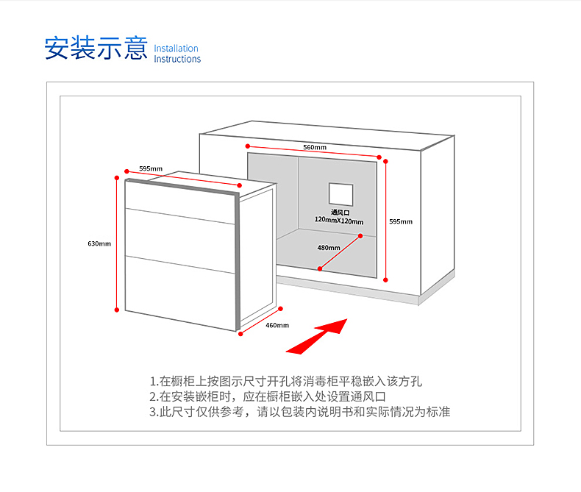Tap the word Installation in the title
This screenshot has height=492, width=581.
tap(177, 49)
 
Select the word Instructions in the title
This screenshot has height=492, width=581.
tap(177, 59)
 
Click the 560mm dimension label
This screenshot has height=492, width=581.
tap(314, 147)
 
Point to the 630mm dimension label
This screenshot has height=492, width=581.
tap(99, 243)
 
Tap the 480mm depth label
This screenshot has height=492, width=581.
tap(329, 248)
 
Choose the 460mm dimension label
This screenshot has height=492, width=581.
tap(277, 325)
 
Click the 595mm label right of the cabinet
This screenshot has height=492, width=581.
tap(401, 221)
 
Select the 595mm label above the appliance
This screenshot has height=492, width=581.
tap(151, 168)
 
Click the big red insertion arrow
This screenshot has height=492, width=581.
tap(316, 337)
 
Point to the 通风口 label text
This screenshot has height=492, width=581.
tap(340, 212)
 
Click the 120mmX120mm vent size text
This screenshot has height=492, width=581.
tap(339, 221)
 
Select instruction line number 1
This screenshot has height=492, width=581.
tap(286, 382)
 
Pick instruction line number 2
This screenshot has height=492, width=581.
tap(267, 396)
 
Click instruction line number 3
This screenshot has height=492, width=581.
tap(299, 412)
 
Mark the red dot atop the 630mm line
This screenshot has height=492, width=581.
tap(117, 177)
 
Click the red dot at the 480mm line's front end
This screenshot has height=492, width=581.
tap(320, 268)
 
